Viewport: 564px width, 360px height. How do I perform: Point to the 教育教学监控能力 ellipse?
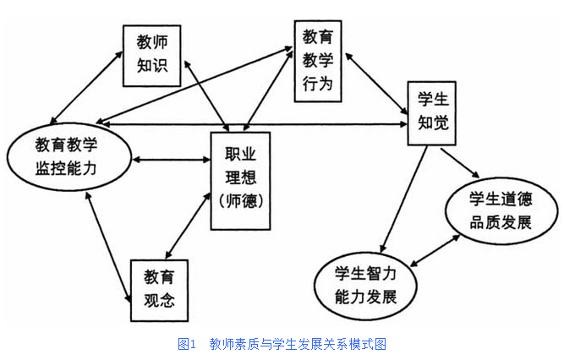click(x=68, y=156)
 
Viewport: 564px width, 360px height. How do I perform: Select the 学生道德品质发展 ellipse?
click(x=500, y=210)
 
